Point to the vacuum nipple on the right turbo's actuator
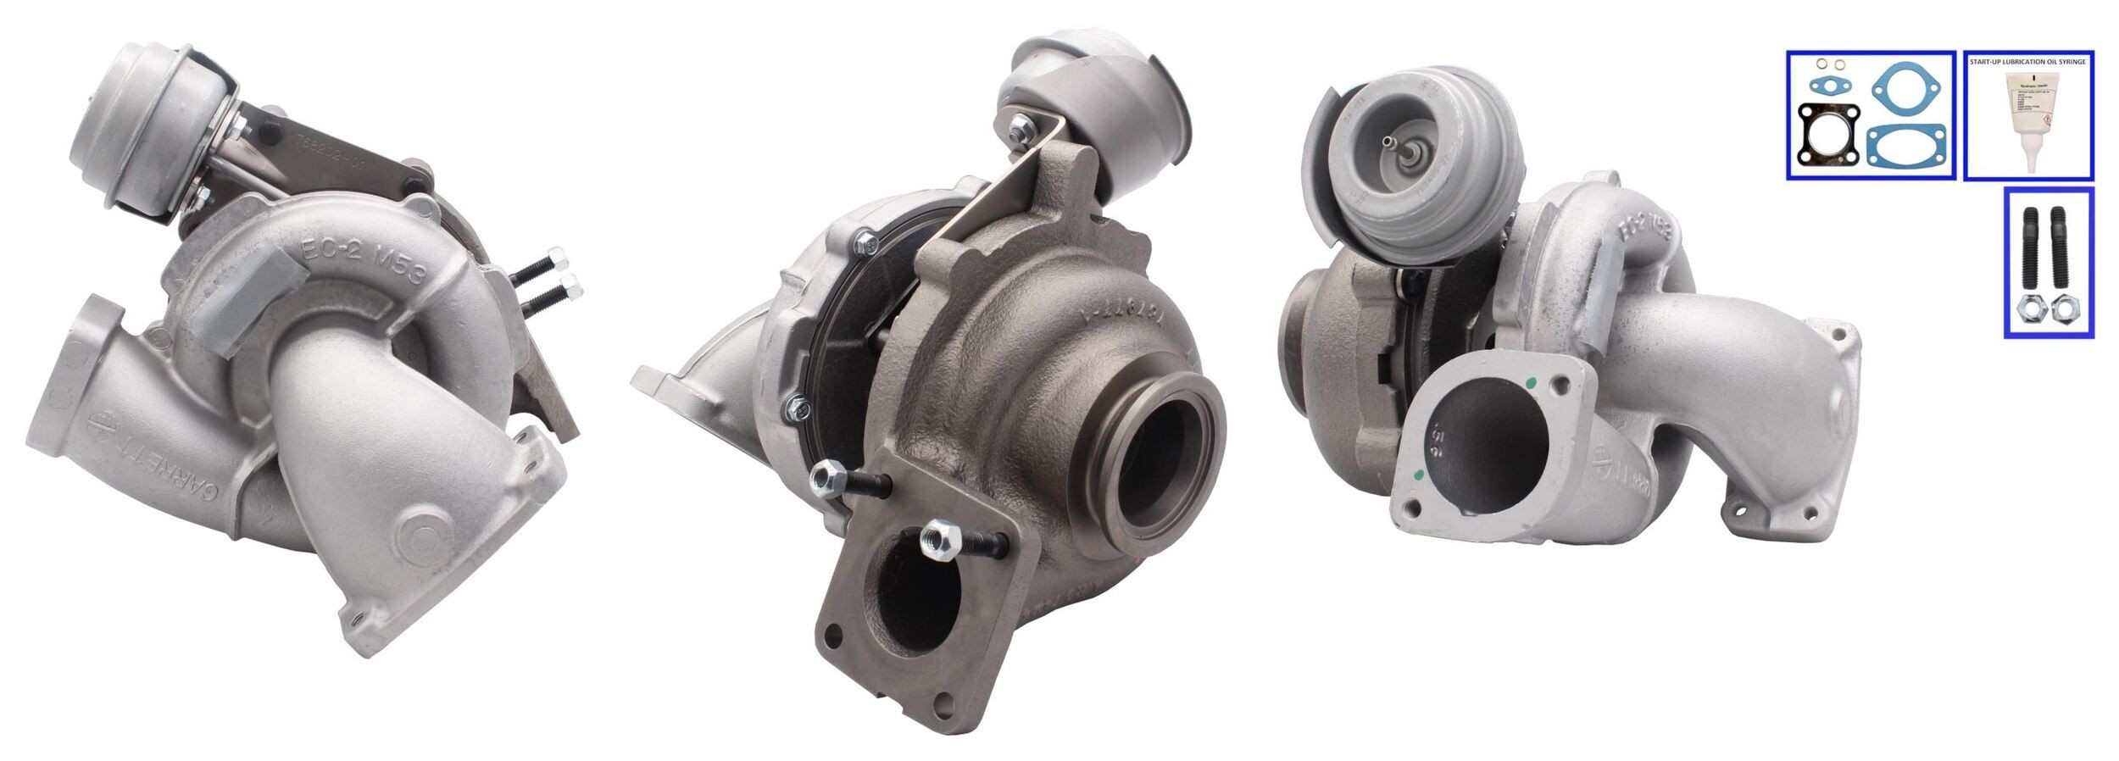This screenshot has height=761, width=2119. tap(1391, 142)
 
